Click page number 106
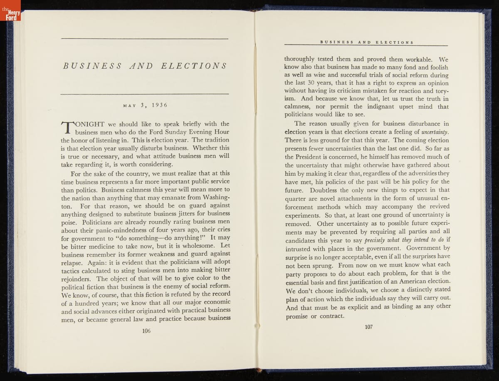[x=146, y=331]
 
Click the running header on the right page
[x=366, y=42]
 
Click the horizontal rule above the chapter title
[x=145, y=39]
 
